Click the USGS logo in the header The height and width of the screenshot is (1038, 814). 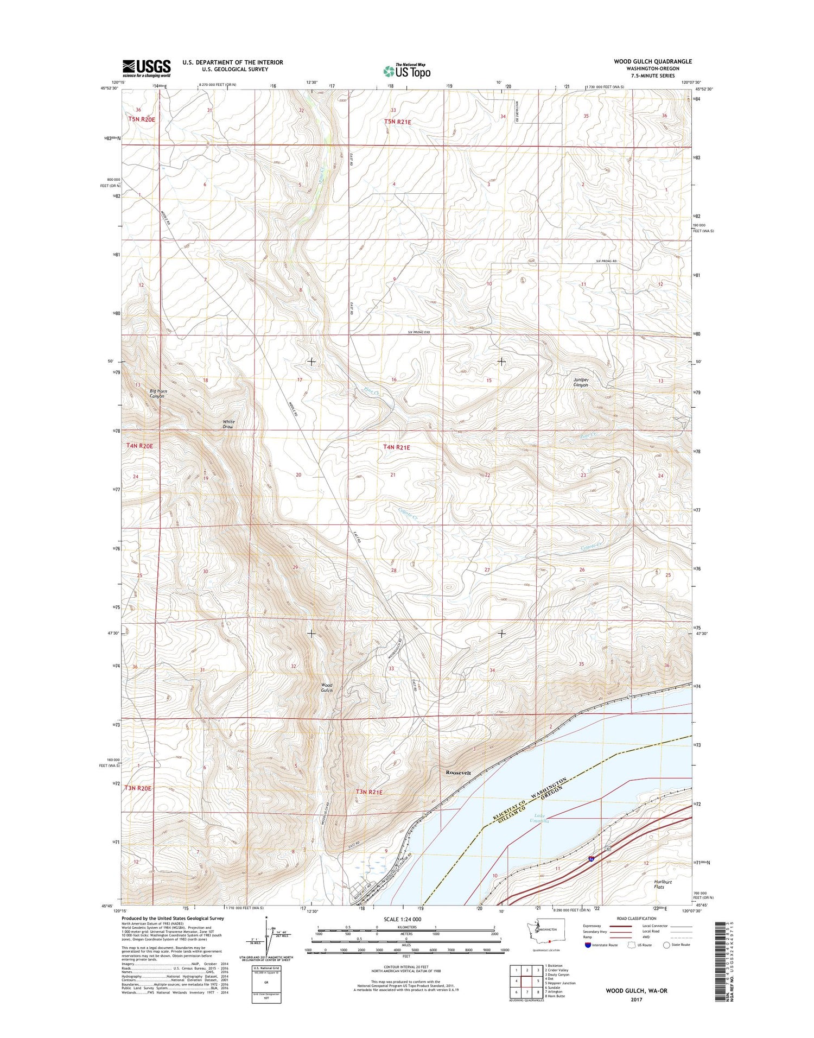146,68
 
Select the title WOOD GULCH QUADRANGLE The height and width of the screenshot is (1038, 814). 653,61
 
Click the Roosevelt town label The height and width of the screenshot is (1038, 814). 458,773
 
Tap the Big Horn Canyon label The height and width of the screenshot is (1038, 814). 158,394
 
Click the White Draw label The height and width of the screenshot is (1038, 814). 228,425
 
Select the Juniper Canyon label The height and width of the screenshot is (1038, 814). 581,382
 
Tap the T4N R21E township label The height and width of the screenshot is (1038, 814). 397,447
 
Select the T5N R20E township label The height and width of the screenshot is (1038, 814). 142,119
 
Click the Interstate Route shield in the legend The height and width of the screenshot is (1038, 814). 588,945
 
